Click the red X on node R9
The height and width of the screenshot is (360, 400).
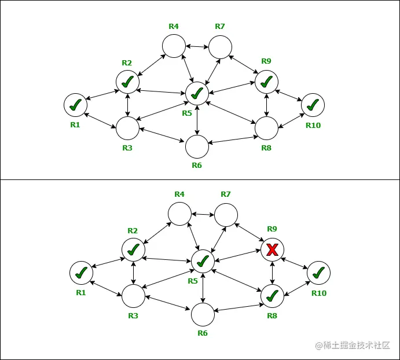click(272, 249)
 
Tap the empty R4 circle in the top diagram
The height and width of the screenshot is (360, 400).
click(174, 46)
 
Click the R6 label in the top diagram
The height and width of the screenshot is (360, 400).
click(197, 166)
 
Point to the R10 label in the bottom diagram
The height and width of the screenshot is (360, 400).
click(319, 293)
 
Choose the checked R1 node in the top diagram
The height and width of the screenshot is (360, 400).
click(75, 105)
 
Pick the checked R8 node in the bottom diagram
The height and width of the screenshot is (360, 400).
click(272, 296)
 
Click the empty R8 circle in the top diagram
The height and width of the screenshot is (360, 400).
click(266, 128)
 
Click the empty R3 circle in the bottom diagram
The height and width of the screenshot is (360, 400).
click(133, 296)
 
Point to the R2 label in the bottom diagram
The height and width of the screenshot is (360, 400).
click(133, 230)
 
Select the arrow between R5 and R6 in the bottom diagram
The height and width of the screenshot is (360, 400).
click(203, 287)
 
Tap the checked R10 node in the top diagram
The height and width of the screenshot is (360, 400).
click(313, 105)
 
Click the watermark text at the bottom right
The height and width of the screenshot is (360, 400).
click(354, 346)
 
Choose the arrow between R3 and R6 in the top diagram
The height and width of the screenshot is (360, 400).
click(162, 138)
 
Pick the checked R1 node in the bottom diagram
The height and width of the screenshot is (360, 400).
click(81, 273)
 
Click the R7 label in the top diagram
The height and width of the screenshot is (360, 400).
click(219, 27)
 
